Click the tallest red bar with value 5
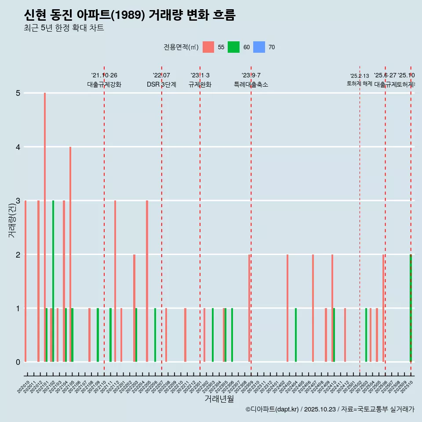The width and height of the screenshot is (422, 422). pyautogui.click(x=45, y=227)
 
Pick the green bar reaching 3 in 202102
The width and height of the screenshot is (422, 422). pyautogui.click(x=53, y=281)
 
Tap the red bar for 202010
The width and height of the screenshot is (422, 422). pyautogui.click(x=25, y=281)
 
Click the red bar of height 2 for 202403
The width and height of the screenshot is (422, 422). pyautogui.click(x=287, y=308)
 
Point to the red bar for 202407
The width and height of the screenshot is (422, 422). pyautogui.click(x=313, y=308)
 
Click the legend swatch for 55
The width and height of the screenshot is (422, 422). pyautogui.click(x=208, y=47)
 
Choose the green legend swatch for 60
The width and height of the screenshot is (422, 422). pyautogui.click(x=233, y=47)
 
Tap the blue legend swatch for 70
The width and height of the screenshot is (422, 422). pyautogui.click(x=259, y=47)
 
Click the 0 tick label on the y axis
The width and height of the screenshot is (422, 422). pyautogui.click(x=18, y=362)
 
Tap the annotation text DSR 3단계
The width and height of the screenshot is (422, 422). pyautogui.click(x=161, y=85)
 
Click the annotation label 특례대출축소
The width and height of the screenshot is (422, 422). pyautogui.click(x=251, y=85)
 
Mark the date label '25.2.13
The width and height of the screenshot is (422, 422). pyautogui.click(x=360, y=76)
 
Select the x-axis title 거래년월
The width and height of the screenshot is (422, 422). pyautogui.click(x=219, y=399)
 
